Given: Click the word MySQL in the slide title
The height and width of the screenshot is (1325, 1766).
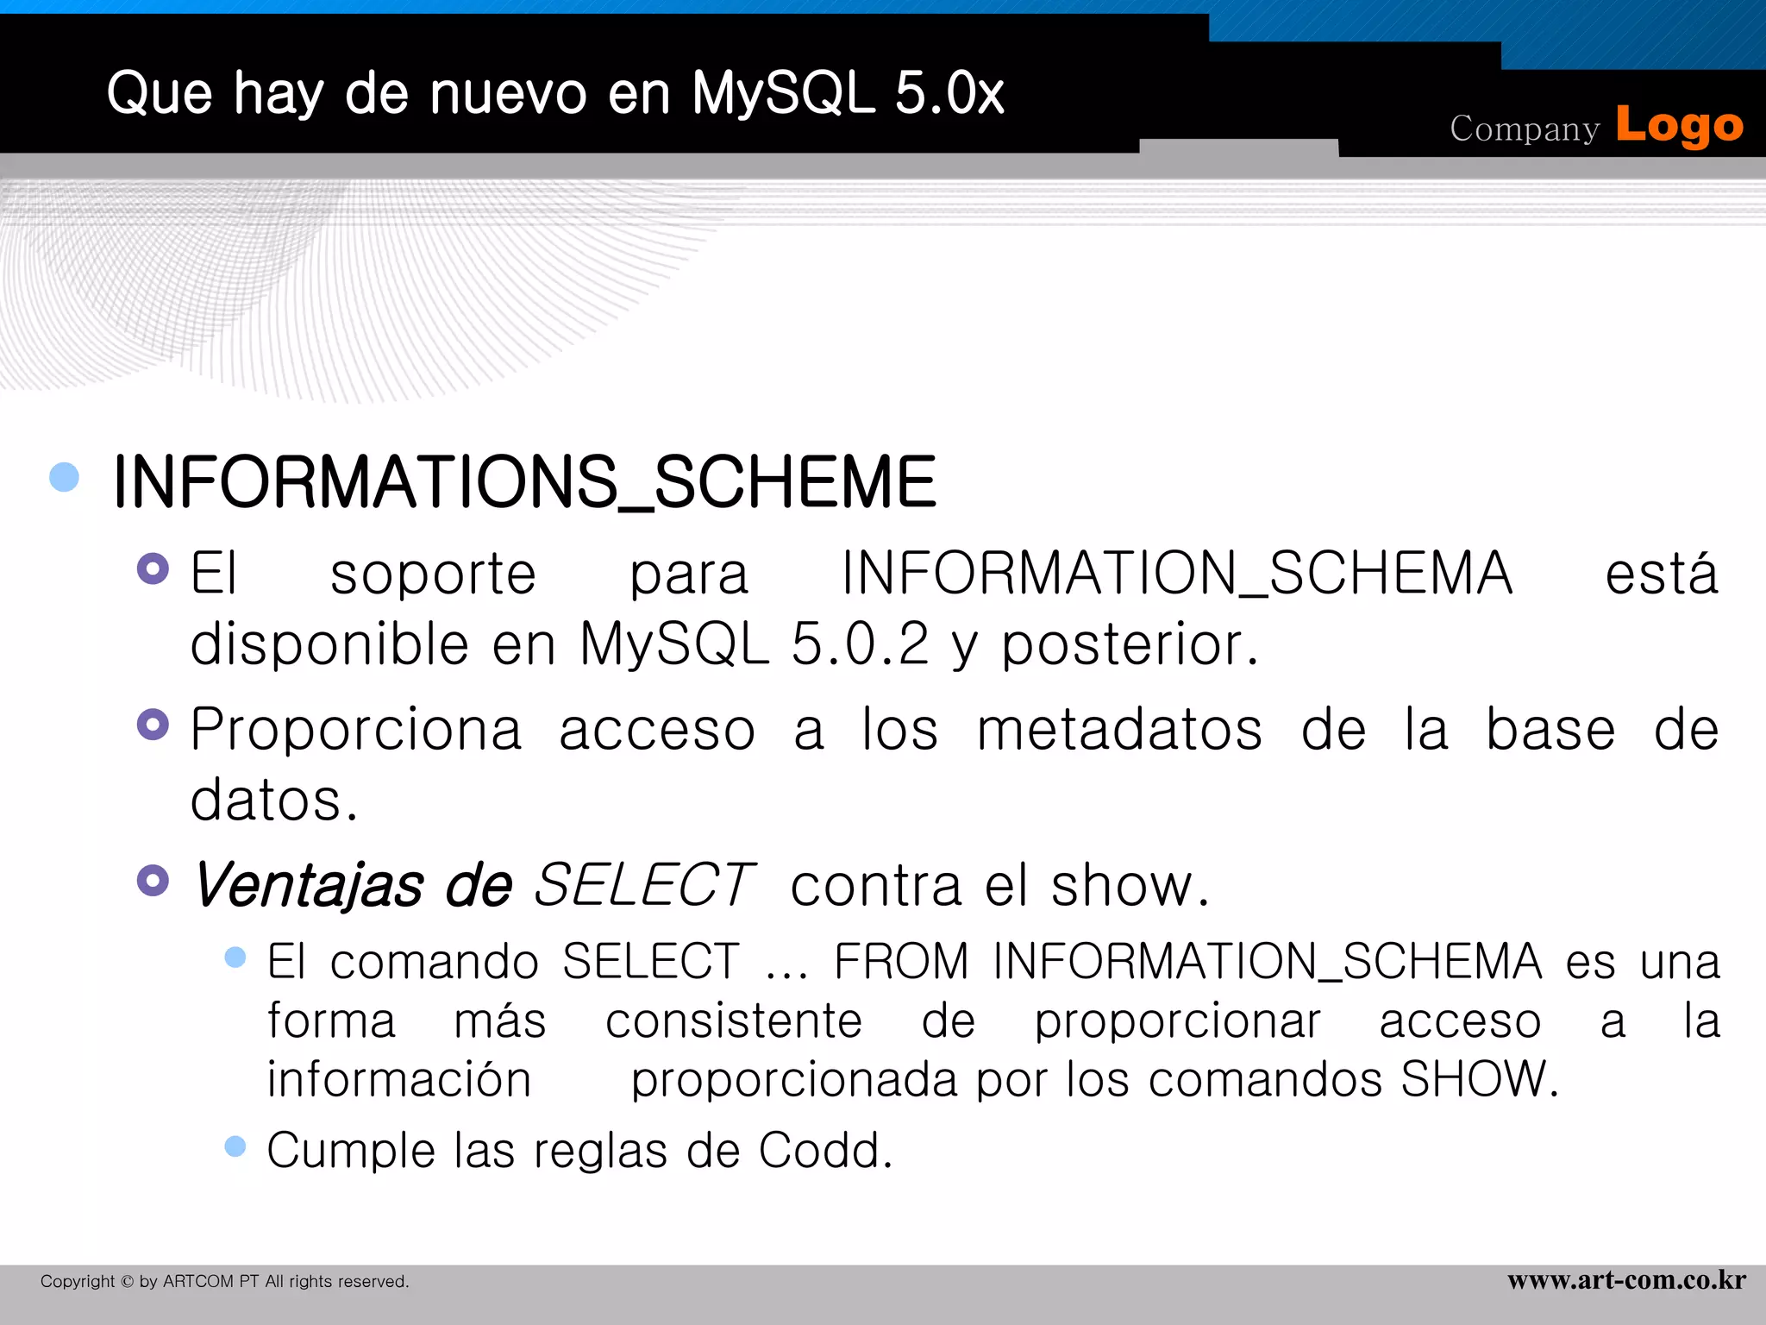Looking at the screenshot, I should pos(783,93).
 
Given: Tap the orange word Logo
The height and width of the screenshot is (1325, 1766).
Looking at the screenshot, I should pos(1679,126).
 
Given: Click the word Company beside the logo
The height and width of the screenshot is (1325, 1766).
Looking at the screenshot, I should pos(1524,129).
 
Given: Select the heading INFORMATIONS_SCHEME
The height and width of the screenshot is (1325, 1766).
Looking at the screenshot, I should pos(524,481).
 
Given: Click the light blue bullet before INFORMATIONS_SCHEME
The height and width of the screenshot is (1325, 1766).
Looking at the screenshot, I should pos(65,477).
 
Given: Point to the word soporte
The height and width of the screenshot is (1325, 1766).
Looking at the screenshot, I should pos(433,575).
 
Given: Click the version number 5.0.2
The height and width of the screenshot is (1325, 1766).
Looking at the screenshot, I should pos(860,644).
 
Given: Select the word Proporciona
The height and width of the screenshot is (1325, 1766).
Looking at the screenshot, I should pos(355,730).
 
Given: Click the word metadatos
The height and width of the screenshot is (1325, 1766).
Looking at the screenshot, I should pos(1119,730).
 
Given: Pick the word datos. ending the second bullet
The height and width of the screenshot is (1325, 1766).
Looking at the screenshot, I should pos(272,801).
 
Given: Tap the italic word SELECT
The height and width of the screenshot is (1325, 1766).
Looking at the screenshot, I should pos(644,885).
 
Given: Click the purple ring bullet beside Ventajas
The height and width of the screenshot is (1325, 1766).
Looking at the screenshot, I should pos(153,881).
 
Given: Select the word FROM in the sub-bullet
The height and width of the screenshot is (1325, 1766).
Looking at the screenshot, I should pos(901,961).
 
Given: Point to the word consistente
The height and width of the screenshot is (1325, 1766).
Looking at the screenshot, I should pos(734,1021).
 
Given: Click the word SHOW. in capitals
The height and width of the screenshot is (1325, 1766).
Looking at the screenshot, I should pos(1479,1079).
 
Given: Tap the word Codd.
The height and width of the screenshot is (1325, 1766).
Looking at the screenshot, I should pos(825,1151).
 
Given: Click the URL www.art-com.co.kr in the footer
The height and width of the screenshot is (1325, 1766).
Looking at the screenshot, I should pos(1626,1280).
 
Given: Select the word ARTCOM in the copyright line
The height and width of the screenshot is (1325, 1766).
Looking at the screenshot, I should pos(197,1282).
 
